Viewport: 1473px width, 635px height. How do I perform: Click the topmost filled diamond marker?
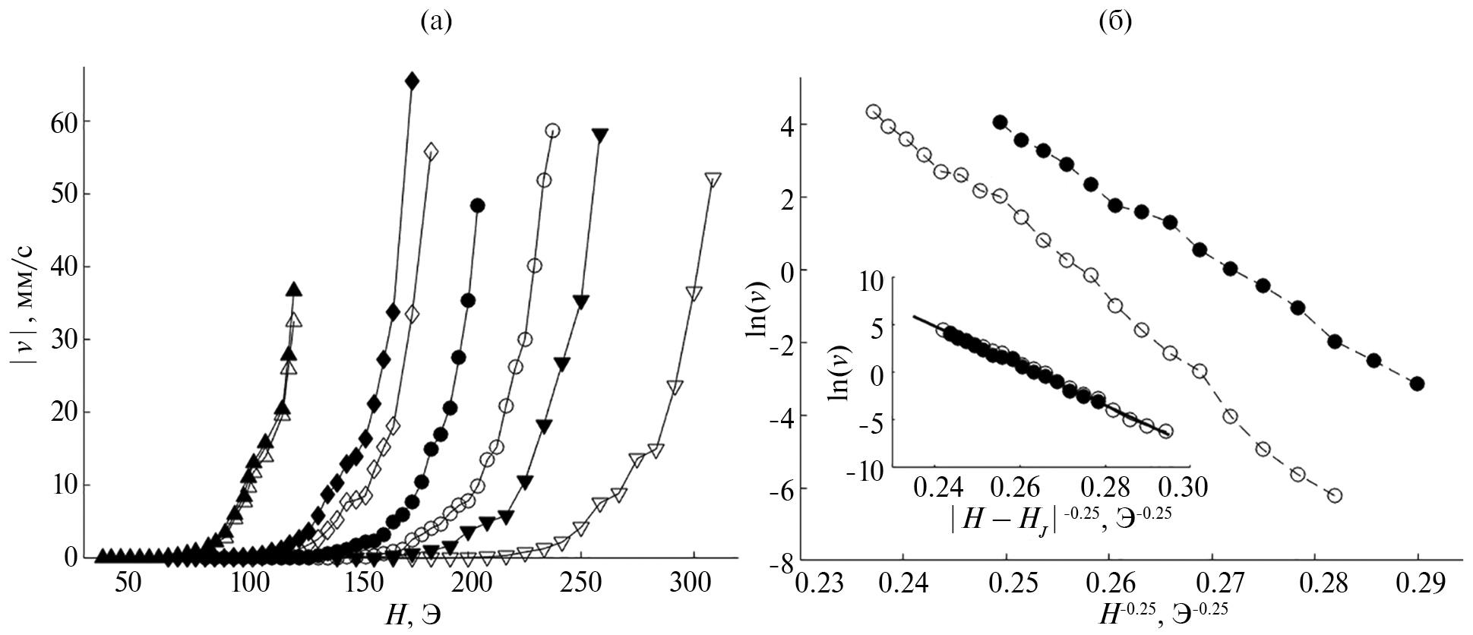(x=412, y=81)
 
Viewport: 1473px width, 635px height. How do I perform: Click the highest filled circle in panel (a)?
(x=477, y=205)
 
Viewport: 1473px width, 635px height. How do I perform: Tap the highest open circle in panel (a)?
(x=552, y=131)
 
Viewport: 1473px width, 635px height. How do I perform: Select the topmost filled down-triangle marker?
(x=600, y=135)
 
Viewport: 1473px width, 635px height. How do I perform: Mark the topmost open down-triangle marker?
(x=713, y=179)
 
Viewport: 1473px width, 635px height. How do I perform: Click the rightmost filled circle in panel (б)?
(x=1417, y=384)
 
